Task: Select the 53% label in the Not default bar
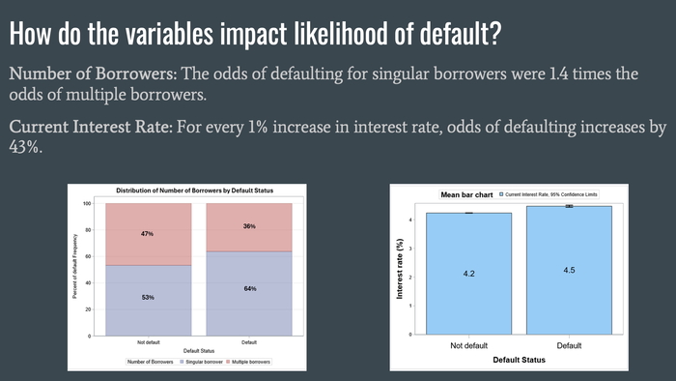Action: [148, 297]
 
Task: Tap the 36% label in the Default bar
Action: [250, 226]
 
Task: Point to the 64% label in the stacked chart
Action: [250, 289]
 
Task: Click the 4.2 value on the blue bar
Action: [468, 275]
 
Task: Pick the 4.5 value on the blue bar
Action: [569, 270]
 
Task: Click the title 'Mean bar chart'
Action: [466, 194]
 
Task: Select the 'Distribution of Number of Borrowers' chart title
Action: [199, 190]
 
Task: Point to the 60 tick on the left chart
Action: [87, 256]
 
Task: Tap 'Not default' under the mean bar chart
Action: [468, 346]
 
